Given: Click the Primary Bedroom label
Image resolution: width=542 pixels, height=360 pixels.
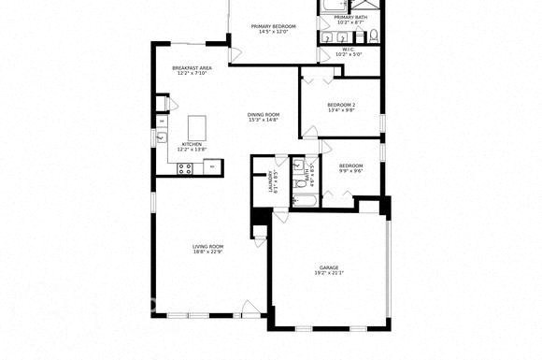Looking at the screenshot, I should click(274, 26).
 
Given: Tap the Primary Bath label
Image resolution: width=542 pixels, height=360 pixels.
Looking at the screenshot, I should click(350, 17).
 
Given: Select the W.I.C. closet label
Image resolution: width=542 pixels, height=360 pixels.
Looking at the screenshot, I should click(348, 49).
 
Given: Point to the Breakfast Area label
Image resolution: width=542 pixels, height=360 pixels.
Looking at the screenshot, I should click(191, 68).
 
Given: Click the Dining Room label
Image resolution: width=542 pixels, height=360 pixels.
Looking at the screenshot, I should click(264, 114).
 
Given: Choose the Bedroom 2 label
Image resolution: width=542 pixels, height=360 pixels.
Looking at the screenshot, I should click(340, 104).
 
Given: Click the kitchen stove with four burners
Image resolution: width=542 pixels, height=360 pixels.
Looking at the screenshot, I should click(185, 168).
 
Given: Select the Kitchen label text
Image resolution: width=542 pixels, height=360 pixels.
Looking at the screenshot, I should click(192, 145).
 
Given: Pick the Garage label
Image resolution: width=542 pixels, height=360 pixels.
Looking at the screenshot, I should click(329, 267).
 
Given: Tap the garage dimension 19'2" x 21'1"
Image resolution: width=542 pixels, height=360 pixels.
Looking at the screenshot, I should click(329, 273).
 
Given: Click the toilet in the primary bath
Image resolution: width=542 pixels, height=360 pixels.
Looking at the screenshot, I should click(372, 36).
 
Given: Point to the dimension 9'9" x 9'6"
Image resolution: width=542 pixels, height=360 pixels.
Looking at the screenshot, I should click(350, 171).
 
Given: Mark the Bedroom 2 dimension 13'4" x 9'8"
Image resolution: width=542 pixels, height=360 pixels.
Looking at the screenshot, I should click(340, 110).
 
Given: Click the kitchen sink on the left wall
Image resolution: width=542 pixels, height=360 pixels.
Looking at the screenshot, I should click(161, 139).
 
